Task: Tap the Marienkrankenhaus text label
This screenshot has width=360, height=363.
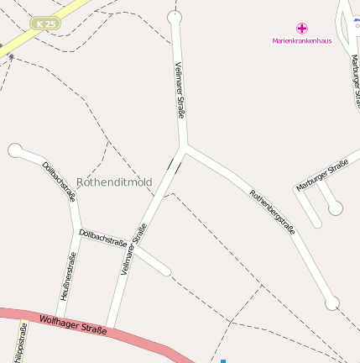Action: tap(302, 40)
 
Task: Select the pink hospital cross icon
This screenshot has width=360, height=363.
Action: tap(302, 28)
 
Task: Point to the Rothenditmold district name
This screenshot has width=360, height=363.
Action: tap(114, 182)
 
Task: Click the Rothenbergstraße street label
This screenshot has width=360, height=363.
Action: tap(273, 212)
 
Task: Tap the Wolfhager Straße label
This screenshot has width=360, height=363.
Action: tap(74, 324)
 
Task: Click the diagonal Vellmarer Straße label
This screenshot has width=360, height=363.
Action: tap(134, 249)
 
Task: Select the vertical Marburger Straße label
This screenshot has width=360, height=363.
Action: tap(356, 80)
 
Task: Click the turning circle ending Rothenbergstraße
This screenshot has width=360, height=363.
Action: tap(332, 302)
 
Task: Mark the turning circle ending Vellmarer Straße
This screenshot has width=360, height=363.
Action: tap(175, 17)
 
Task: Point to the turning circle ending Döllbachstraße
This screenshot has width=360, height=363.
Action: tap(14, 150)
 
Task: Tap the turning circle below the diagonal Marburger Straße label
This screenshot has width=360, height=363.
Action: tap(336, 208)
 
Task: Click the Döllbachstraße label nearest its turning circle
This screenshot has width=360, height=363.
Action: tap(60, 181)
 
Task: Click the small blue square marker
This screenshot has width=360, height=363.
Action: tap(223, 360)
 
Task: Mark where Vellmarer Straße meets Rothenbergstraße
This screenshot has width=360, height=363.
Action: tap(184, 147)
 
